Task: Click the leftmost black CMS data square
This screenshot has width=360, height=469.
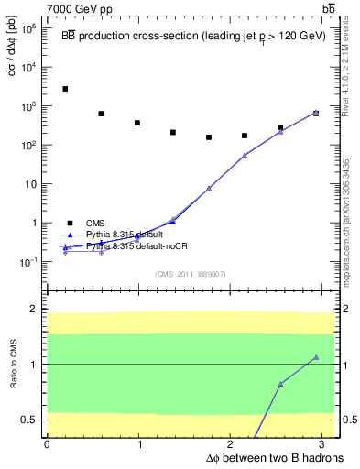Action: coord(65,89)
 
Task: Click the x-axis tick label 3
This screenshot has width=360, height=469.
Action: coord(327,444)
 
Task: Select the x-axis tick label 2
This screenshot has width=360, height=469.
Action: coord(234,444)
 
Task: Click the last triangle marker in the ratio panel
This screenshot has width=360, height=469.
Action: coord(316,357)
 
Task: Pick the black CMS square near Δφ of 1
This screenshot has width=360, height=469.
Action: coord(136,123)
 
